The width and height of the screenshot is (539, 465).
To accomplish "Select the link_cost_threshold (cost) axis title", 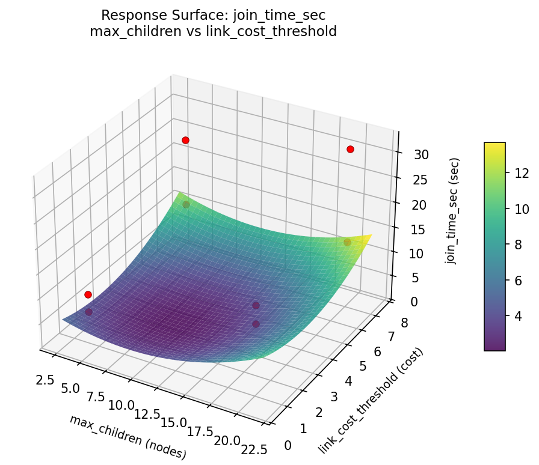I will (372, 401).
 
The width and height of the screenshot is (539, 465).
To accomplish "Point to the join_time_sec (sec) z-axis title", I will (455, 211).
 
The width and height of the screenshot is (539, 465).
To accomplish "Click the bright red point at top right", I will (350, 149).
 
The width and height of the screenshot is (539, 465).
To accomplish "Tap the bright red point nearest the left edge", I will (88, 294).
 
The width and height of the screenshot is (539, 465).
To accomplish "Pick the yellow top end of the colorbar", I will (495, 145).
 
